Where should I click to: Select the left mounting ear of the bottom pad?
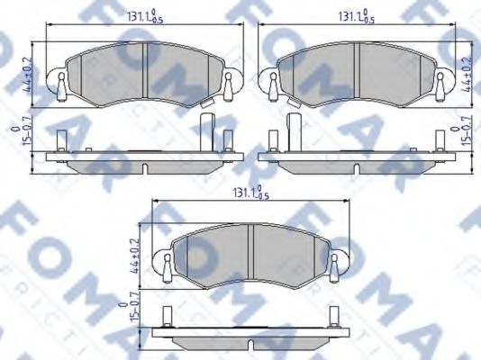(x=167, y=265)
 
